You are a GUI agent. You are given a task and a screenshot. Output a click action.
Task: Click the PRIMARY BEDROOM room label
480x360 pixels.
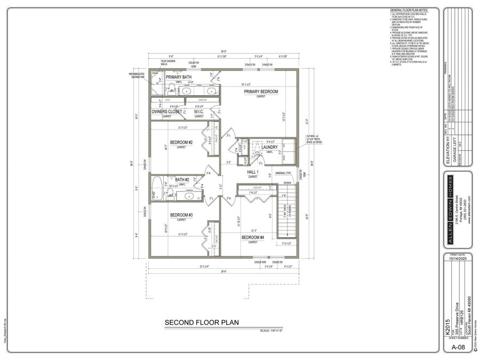[x=261, y=92]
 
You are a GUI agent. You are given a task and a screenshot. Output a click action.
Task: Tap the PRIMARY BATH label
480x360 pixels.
[x=178, y=77]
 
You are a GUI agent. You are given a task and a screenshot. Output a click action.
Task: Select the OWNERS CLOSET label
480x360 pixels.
[x=166, y=112]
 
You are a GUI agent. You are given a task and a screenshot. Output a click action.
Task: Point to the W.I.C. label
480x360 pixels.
[x=198, y=112]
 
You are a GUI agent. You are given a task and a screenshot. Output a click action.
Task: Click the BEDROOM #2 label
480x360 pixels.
[x=181, y=142]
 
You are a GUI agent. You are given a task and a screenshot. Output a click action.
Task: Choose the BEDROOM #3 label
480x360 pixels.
[x=181, y=215]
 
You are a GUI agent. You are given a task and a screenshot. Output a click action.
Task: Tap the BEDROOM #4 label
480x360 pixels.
[x=253, y=237]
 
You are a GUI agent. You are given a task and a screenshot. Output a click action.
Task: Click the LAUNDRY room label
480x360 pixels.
[x=270, y=147]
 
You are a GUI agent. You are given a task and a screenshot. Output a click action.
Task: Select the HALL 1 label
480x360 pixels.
[x=253, y=172]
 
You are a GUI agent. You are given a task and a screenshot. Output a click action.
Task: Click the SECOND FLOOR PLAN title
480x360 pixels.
[x=201, y=322]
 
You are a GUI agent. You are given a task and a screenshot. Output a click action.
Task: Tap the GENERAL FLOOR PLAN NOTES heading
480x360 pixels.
[x=410, y=11]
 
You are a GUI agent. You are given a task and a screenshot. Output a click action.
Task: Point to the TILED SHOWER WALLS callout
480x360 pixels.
[x=169, y=63]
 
